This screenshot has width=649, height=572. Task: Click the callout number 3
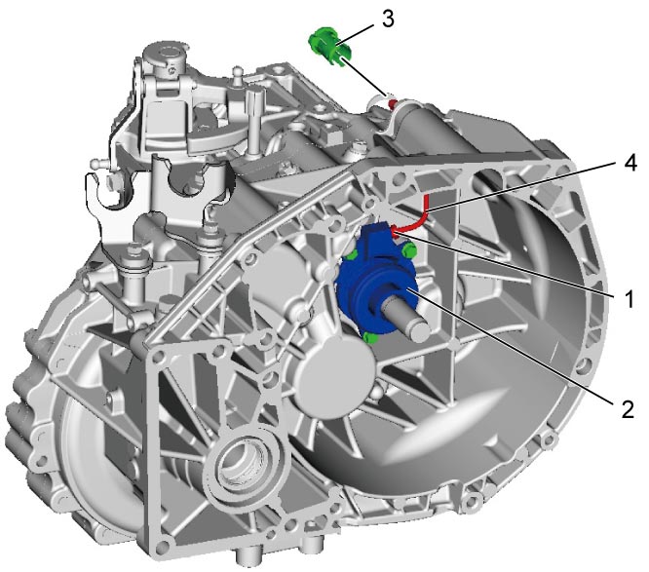[x=388, y=19]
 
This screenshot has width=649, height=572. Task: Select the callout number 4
[x=630, y=164]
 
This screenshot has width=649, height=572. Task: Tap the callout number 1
[x=629, y=298]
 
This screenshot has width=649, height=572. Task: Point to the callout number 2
[x=628, y=409]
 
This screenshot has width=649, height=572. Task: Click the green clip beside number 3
[x=330, y=45]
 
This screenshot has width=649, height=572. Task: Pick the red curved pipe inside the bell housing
[x=415, y=218]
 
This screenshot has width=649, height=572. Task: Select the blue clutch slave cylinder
[x=377, y=278]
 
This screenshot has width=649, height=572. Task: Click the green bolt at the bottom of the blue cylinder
[x=370, y=338]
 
